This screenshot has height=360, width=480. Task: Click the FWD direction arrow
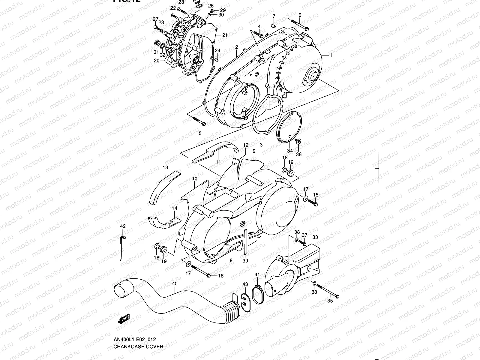(124, 319)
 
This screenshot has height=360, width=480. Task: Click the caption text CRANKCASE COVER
(138, 346)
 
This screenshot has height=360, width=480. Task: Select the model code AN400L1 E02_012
(134, 340)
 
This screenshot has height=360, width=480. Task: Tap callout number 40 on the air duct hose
(175, 283)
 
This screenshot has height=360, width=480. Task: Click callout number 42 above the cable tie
(123, 226)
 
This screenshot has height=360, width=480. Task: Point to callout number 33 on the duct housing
(315, 237)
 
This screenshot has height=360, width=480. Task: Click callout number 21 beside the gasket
(225, 35)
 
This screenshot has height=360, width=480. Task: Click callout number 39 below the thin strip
(245, 261)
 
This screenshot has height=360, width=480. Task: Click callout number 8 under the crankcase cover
(231, 260)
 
